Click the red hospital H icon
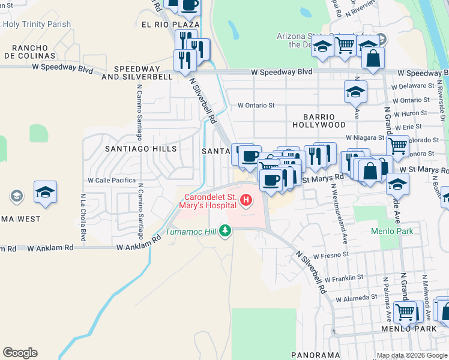pyautogui.click(x=245, y=200)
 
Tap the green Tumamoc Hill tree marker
pyautogui.click(x=225, y=231)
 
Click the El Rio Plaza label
pyautogui.click(x=170, y=25)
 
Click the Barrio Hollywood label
pyautogui.click(x=319, y=120)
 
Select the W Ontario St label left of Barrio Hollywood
pyautogui.click(x=256, y=105)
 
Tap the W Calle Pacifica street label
pyautogui.click(x=112, y=180)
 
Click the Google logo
pyautogui.click(x=20, y=353)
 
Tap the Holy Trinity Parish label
pyautogui.click(x=37, y=25)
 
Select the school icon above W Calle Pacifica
pyautogui.click(x=45, y=192)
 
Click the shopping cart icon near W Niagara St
pyautogui.click(x=397, y=145)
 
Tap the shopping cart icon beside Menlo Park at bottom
pyautogui.click(x=406, y=312)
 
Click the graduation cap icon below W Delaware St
pyautogui.click(x=355, y=92)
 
